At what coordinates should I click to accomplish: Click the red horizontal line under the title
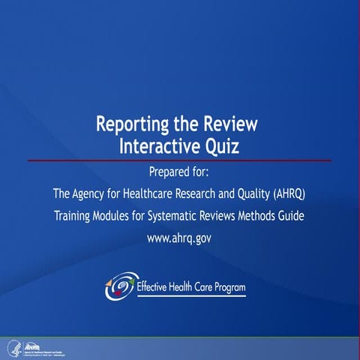coord(180,160)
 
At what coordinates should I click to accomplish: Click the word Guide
coord(292,216)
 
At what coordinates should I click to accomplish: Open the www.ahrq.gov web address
coord(180,238)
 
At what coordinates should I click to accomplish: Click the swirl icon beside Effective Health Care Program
coord(121,286)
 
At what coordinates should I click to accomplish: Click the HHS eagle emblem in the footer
coord(11,347)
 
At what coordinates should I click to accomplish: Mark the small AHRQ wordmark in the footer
coord(32,345)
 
